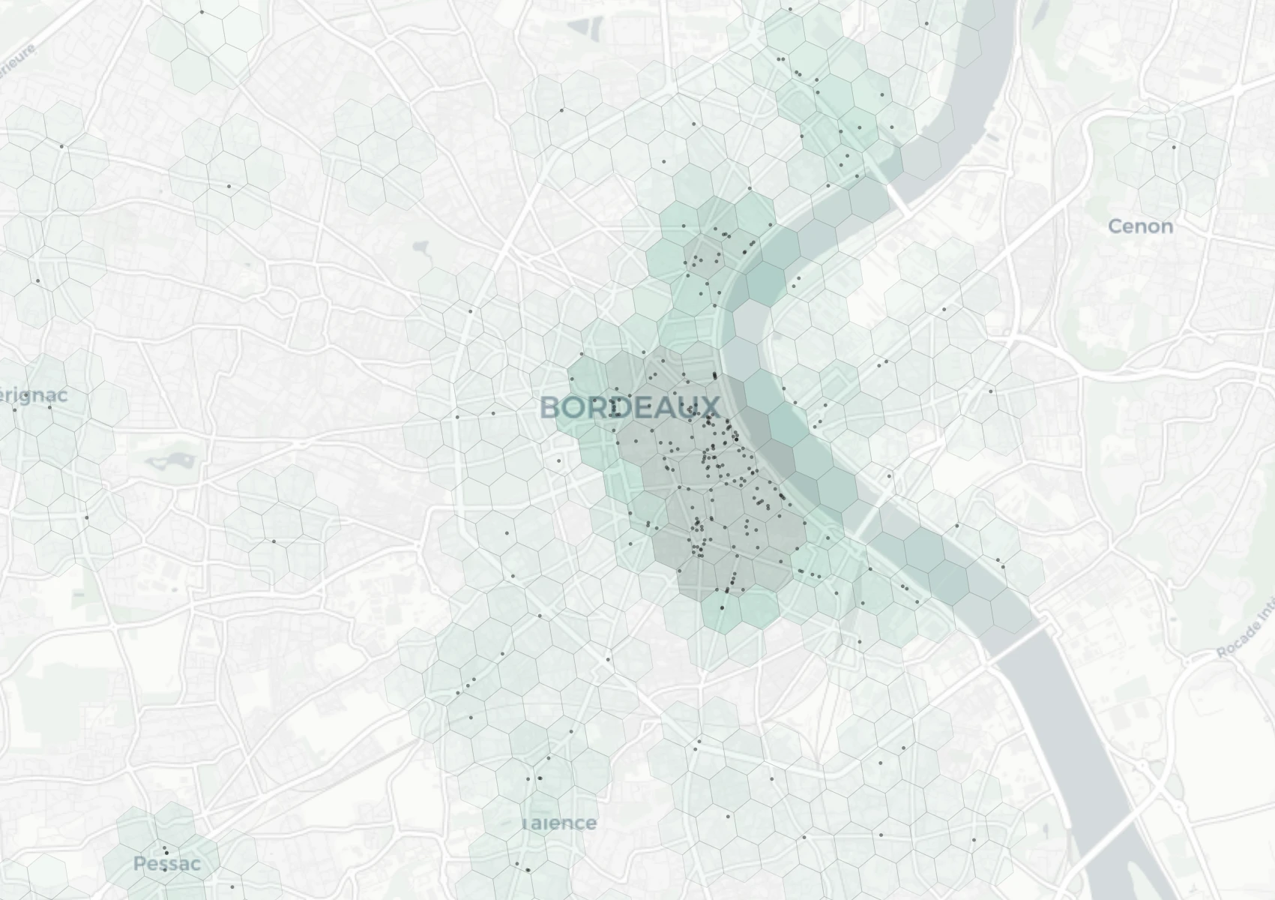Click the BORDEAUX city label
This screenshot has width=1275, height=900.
click(x=630, y=408)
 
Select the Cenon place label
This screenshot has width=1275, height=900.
click(x=1140, y=226)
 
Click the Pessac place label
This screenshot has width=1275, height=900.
click(x=167, y=864)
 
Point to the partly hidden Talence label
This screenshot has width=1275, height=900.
click(x=561, y=823)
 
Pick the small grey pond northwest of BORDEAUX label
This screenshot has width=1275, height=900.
click(x=420, y=247)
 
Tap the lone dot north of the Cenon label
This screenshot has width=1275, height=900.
click(x=1174, y=147)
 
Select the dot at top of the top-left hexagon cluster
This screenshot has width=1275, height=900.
click(x=202, y=12)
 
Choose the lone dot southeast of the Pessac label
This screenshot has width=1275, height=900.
click(x=232, y=887)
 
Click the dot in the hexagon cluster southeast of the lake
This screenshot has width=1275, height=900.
click(x=274, y=541)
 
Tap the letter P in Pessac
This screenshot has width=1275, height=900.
click(x=139, y=864)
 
